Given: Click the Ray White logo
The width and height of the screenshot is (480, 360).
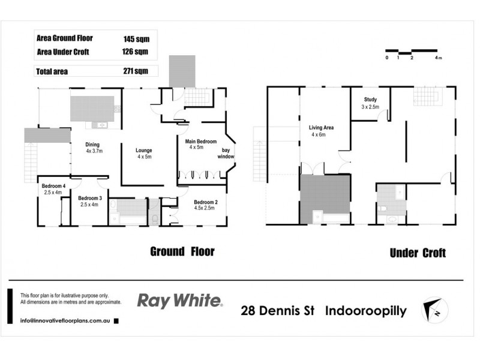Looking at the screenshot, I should [x=179, y=301].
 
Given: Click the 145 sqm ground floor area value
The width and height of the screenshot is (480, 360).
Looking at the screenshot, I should [x=136, y=38].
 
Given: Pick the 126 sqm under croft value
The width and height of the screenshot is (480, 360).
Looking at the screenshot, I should [x=136, y=52].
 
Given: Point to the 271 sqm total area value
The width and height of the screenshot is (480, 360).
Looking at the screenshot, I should [x=136, y=71].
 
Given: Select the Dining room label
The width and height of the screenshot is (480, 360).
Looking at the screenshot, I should [x=92, y=145].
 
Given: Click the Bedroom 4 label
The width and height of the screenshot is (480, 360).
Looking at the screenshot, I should [x=53, y=186].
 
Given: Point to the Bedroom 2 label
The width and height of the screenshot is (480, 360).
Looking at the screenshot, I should [x=205, y=202].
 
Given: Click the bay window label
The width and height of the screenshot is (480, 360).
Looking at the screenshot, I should [x=225, y=153].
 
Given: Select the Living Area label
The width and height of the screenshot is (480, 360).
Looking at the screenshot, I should [x=321, y=128].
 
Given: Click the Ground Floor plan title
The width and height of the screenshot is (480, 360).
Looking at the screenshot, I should [x=182, y=251].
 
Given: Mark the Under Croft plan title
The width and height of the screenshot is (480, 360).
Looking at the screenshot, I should [x=418, y=253].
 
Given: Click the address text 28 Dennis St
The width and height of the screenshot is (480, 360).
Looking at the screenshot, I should [x=279, y=311].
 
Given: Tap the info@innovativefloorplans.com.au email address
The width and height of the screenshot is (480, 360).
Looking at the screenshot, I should [x=64, y=321].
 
